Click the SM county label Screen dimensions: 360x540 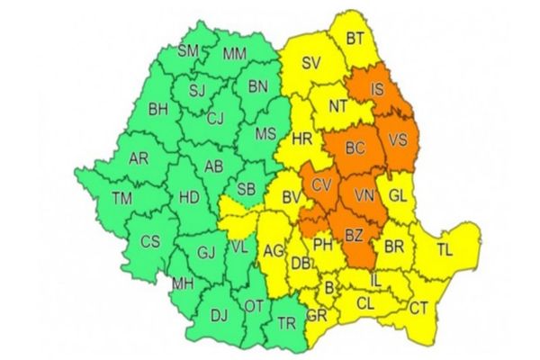187,51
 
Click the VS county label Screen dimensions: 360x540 397,140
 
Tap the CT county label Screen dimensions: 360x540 419,308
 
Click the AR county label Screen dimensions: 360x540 139,158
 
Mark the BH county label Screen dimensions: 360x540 159,111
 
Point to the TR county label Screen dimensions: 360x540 286,324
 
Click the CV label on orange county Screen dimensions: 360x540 321,186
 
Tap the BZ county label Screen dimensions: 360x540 355,236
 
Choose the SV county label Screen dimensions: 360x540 311,63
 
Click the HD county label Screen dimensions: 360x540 190,195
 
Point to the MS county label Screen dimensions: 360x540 266,134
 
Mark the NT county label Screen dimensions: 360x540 337,105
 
